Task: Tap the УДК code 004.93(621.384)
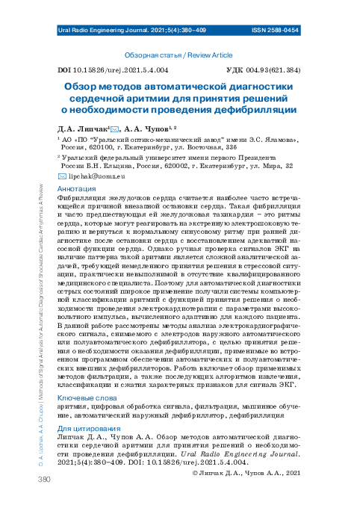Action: [273, 69]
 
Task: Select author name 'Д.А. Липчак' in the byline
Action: [84, 128]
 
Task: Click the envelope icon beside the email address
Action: [62, 177]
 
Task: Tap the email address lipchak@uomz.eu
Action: [96, 177]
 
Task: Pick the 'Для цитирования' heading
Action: [86, 428]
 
